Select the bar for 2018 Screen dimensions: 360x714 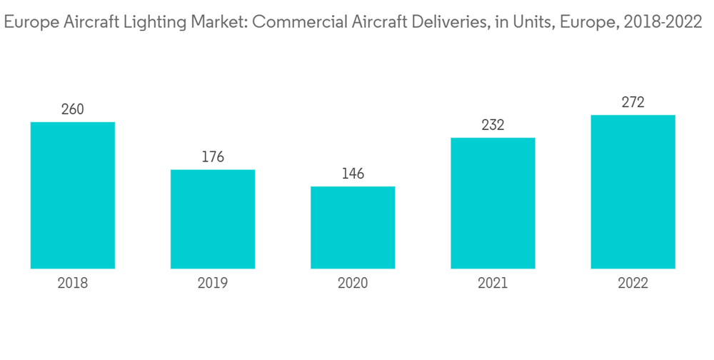click(73, 195)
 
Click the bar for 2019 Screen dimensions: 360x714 click(213, 219)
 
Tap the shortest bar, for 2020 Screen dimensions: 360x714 click(353, 228)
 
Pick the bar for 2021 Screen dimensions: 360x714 click(493, 203)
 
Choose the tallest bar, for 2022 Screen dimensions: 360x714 click(633, 191)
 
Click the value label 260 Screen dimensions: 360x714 click(73, 109)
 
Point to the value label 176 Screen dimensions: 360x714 click(213, 157)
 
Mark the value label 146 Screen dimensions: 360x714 click(353, 174)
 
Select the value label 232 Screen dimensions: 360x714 click(493, 125)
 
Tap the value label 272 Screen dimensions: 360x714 click(633, 102)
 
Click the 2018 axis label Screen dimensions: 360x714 click(73, 284)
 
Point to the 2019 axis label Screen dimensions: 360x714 click(213, 284)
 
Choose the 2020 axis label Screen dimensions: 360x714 click(353, 284)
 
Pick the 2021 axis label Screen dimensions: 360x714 click(493, 284)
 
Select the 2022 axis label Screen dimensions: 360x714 click(633, 284)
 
